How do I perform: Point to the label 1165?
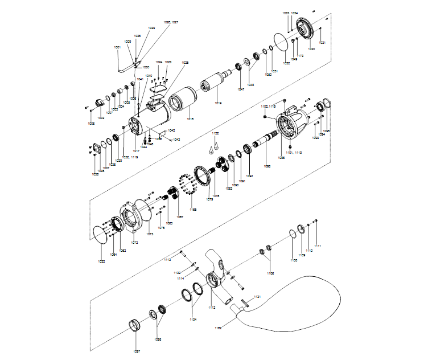pos(194,210)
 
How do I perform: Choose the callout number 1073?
pos(150,234)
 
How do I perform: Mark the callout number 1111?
pos(318,246)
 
